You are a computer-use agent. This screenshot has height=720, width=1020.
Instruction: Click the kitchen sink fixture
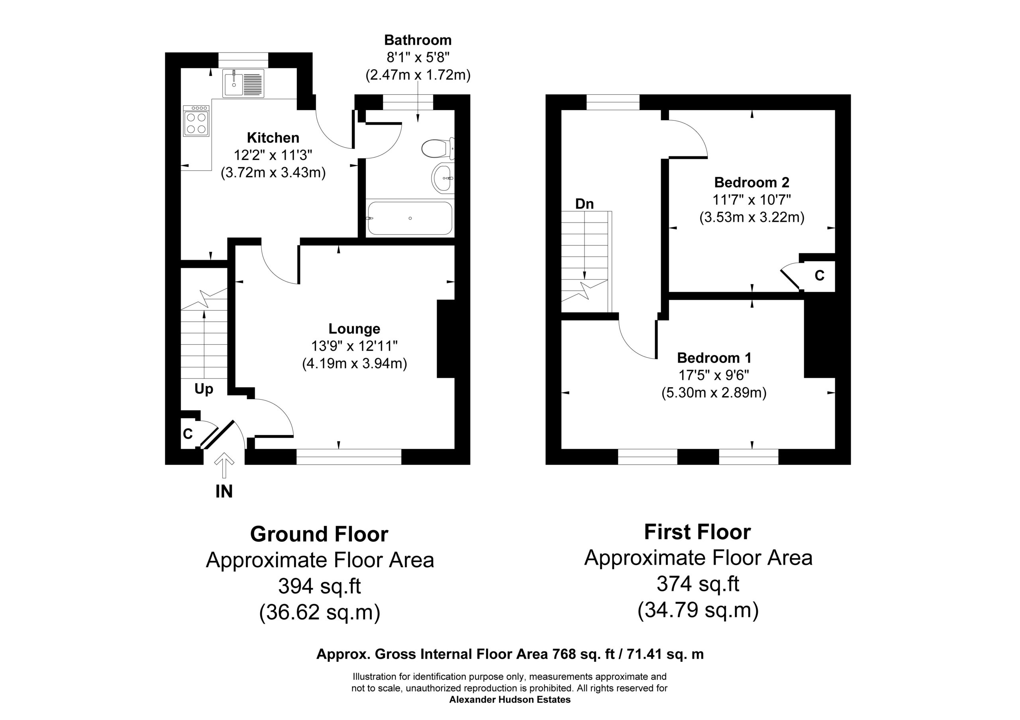click(x=243, y=83)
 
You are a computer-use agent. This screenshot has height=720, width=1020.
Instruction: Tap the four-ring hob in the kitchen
click(x=196, y=121)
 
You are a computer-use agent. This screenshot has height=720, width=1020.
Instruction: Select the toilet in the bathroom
click(x=437, y=149)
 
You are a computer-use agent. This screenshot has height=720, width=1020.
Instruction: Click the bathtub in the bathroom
click(x=410, y=218)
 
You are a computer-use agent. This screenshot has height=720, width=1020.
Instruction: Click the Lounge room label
click(x=354, y=328)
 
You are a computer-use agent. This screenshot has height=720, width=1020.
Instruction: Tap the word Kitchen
click(x=273, y=138)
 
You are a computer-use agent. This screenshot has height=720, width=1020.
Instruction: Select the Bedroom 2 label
click(x=752, y=182)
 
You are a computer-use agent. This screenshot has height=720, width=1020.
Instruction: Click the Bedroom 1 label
click(x=714, y=357)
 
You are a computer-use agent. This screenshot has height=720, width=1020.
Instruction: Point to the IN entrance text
click(x=224, y=492)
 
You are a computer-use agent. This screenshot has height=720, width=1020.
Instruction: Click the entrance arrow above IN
click(x=224, y=465)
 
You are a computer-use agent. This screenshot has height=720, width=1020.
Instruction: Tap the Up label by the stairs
click(x=204, y=389)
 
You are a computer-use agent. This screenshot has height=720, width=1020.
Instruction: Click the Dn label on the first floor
click(x=584, y=204)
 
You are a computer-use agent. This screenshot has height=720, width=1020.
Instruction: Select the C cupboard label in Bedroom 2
click(x=819, y=276)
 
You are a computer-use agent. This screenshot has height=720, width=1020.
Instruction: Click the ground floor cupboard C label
click(x=188, y=434)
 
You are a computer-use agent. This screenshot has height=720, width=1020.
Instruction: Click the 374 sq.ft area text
click(x=698, y=584)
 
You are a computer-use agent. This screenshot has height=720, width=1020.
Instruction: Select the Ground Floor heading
click(x=319, y=534)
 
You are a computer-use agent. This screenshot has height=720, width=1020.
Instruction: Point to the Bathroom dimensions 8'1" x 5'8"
click(x=418, y=57)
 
